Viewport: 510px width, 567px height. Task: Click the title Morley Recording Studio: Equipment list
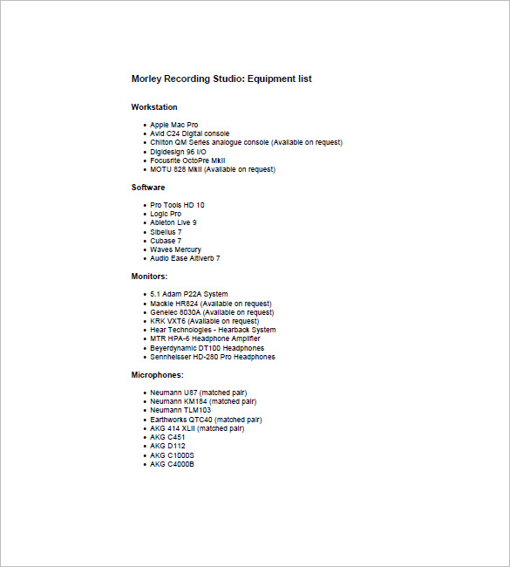(x=221, y=79)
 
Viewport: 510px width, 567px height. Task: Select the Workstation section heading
(x=154, y=107)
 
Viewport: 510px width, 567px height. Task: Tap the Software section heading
(x=148, y=188)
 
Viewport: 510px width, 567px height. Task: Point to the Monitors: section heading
(x=150, y=277)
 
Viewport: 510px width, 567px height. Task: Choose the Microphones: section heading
(x=158, y=375)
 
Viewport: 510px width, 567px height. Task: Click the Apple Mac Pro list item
(x=173, y=125)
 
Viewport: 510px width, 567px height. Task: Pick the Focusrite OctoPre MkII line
(x=187, y=161)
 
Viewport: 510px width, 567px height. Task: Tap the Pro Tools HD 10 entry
(x=177, y=205)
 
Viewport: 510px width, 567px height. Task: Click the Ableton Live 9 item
(x=173, y=222)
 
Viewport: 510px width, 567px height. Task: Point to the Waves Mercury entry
(x=175, y=249)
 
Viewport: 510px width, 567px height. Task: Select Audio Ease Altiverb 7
(x=185, y=258)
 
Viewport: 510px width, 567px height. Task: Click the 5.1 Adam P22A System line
(x=188, y=294)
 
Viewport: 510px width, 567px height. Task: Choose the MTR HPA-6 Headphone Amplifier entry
(x=206, y=338)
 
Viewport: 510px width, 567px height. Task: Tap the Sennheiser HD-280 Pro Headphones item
(x=212, y=357)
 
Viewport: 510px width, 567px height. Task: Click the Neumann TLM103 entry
(x=180, y=410)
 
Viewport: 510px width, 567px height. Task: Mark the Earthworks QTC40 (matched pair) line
(x=206, y=420)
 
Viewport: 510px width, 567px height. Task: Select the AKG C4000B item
(x=173, y=464)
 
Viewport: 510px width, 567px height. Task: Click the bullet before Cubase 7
(x=144, y=241)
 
